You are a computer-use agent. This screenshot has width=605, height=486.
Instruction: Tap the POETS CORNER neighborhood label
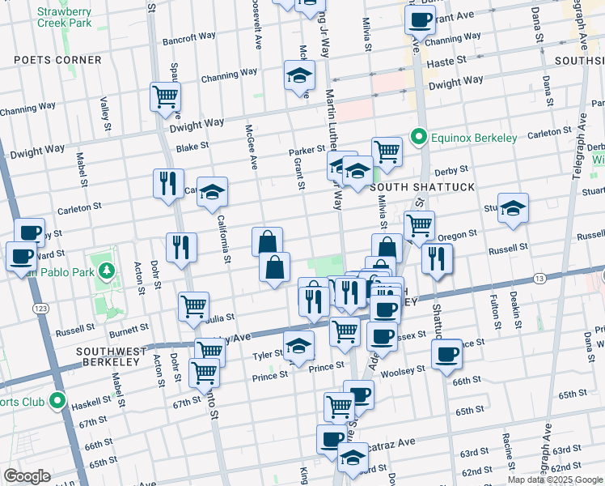58,60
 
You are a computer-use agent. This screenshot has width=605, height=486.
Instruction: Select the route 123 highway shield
39,309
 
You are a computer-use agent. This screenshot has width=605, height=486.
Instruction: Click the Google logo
27,476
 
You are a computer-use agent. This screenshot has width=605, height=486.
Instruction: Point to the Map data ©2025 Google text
555,480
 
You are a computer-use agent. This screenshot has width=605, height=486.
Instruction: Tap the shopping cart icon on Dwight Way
165,97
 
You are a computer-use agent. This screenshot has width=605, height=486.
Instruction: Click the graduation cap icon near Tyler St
298,346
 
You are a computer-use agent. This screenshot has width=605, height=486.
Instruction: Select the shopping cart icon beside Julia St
194,306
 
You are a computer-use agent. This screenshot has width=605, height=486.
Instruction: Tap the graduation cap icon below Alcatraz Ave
353,458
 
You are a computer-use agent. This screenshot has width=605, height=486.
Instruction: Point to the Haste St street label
447,61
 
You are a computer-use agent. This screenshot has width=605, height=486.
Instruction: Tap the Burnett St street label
128,330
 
